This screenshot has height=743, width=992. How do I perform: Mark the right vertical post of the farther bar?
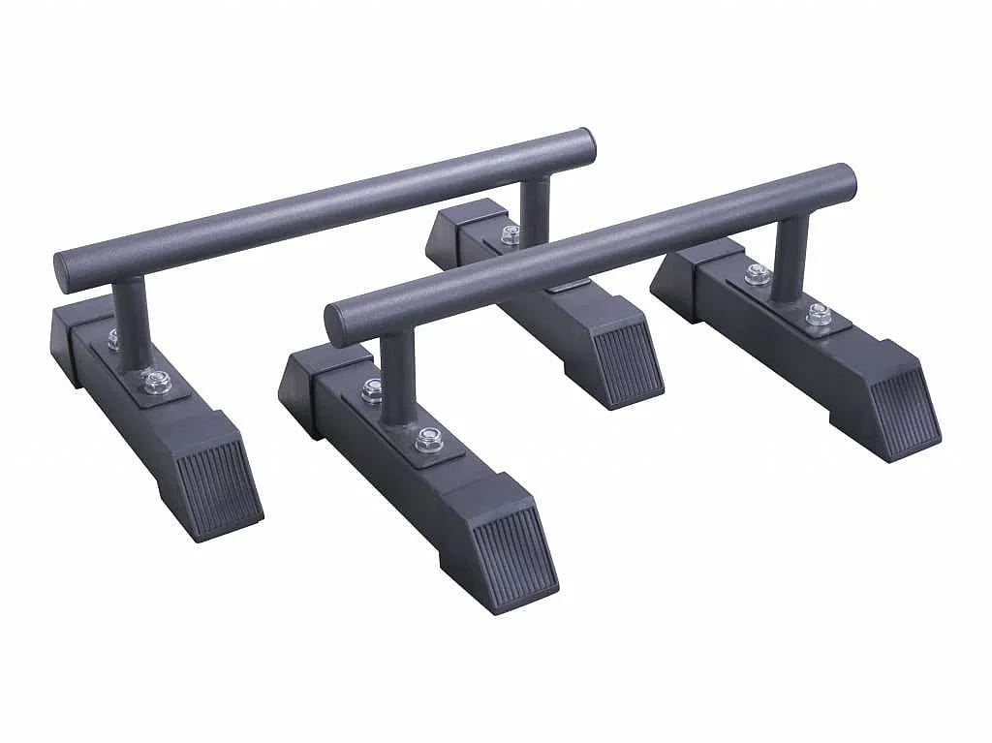pyautogui.click(x=535, y=209)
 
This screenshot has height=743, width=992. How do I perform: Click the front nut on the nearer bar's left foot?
pyautogui.click(x=425, y=444)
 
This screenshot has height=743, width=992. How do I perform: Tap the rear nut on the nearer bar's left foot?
pyautogui.click(x=372, y=389)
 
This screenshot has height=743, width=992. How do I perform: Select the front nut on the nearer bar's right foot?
pyautogui.click(x=820, y=314)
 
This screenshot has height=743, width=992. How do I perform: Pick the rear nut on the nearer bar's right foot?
pyautogui.click(x=758, y=275)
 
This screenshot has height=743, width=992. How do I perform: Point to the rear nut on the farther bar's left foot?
pyautogui.click(x=114, y=338)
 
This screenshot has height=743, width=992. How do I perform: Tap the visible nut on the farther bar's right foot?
pyautogui.click(x=510, y=233)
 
